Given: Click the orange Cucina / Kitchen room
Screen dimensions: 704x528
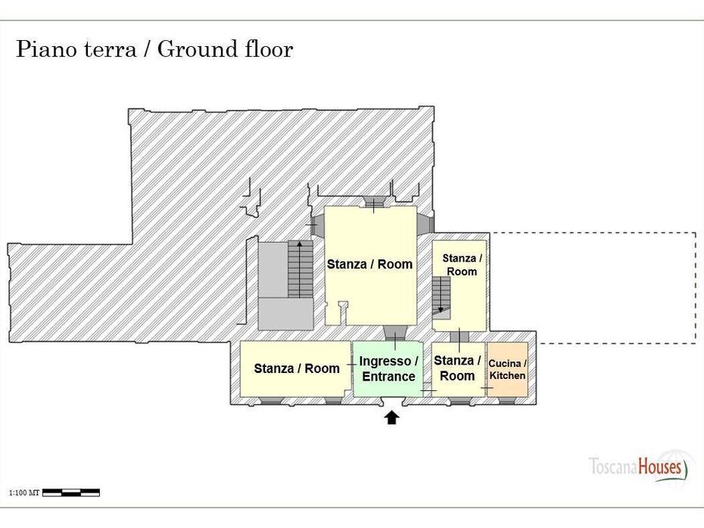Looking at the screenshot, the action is (x=507, y=369).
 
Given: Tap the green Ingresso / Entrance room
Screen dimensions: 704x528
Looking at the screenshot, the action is (x=388, y=368).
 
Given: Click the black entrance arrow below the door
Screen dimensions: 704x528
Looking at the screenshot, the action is (x=392, y=418).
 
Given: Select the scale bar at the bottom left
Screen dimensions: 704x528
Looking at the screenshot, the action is (x=71, y=492).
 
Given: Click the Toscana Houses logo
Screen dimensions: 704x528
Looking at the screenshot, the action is (x=638, y=467).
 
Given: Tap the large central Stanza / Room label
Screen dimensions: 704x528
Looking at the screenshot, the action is (x=369, y=264).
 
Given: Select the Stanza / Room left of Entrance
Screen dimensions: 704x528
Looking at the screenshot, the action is (x=296, y=368).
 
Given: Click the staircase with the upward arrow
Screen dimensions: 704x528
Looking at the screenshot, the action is (x=301, y=269).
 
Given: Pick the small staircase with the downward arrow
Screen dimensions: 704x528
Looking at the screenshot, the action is (x=441, y=295).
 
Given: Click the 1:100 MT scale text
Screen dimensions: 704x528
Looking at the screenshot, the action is (x=24, y=493).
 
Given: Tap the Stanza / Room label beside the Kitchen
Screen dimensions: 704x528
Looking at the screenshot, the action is (x=457, y=368).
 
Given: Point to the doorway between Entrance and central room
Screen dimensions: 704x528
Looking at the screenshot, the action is (x=395, y=334).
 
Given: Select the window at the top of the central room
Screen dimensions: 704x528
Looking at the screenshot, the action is (x=373, y=202).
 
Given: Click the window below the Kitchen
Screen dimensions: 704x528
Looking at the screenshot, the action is (x=507, y=401).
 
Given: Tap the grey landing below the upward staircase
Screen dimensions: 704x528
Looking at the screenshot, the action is (x=285, y=314).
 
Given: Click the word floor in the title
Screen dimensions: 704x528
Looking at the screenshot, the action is (x=269, y=49).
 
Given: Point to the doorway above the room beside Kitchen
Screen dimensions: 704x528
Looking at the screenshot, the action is (x=459, y=337).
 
